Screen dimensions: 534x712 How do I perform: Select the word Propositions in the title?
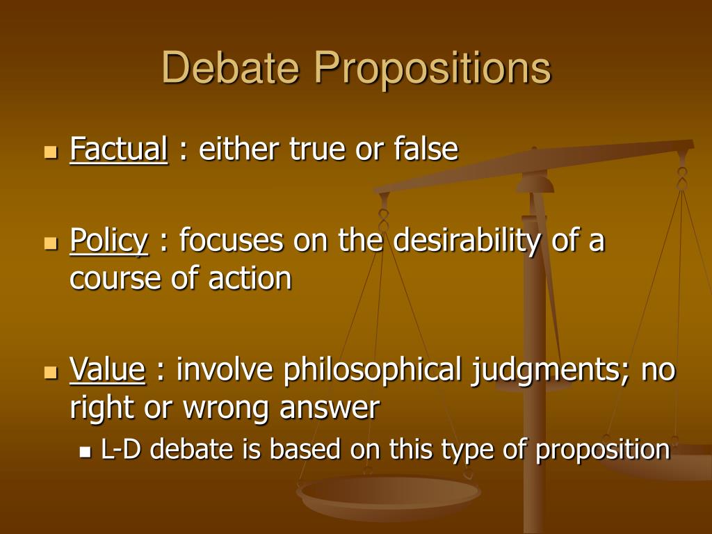point(431,70)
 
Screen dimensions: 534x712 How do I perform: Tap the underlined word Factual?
point(119,149)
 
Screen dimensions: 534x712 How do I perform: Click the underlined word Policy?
point(109,242)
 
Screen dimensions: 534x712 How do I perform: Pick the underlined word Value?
point(108,370)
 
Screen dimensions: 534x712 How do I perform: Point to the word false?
point(426,149)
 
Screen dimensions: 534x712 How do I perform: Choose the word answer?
point(330,408)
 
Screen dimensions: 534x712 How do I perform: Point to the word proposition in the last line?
point(602,451)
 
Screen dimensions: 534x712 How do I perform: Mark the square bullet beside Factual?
point(50,151)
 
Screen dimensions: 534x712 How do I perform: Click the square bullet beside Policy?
point(50,243)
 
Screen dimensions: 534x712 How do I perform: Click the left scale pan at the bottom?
point(388,494)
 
